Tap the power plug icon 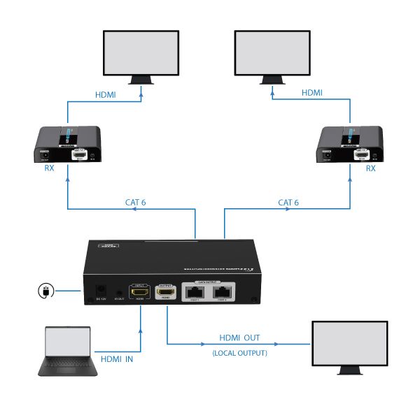[46, 290]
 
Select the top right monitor [272, 56]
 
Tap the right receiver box [350, 145]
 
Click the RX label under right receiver [371, 168]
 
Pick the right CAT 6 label [288, 203]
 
